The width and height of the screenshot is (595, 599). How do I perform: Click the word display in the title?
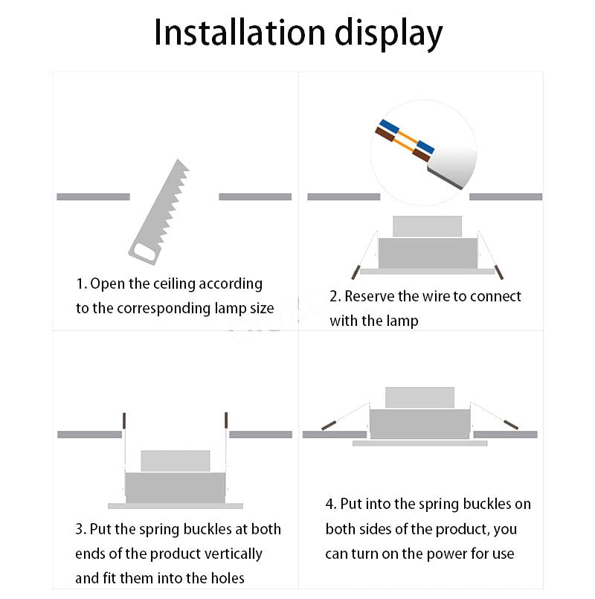(x=387, y=33)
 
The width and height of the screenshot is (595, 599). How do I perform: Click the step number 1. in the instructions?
(x=81, y=284)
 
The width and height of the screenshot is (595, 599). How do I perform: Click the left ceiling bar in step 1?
(x=93, y=197)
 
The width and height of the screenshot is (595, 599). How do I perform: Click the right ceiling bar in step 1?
(x=255, y=197)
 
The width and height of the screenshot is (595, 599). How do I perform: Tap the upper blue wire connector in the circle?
(x=387, y=126)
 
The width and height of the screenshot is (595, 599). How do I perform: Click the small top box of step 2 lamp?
(x=427, y=226)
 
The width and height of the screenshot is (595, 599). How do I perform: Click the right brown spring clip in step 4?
(x=511, y=425)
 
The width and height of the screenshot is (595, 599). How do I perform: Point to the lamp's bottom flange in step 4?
(x=419, y=443)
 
